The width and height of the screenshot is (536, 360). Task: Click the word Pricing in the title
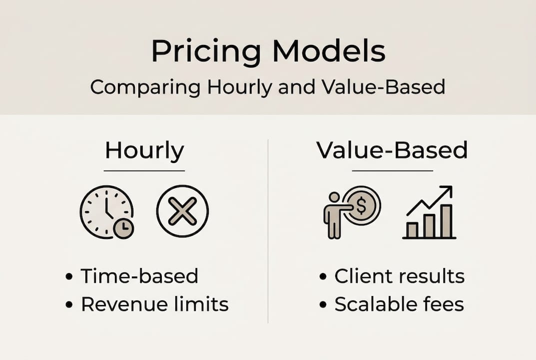(206, 51)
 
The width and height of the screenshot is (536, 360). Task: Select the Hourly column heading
(144, 150)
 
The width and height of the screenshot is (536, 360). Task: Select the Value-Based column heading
(392, 150)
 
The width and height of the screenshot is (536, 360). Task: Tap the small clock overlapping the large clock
(123, 228)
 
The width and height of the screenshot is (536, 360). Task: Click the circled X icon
(182, 211)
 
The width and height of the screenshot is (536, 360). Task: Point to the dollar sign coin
(362, 205)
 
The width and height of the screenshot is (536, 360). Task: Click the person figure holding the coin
(333, 215)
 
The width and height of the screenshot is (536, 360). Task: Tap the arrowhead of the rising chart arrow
(447, 191)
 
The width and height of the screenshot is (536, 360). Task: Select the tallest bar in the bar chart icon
(446, 221)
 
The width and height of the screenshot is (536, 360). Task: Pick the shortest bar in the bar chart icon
(412, 230)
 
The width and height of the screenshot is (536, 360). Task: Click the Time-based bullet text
(139, 276)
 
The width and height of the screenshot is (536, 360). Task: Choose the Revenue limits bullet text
(154, 304)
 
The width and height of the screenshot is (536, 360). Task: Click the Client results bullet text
(399, 276)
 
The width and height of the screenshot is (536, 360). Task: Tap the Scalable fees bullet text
(399, 304)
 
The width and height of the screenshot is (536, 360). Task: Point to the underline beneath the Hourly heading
(144, 171)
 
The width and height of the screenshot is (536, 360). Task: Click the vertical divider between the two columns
(268, 230)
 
